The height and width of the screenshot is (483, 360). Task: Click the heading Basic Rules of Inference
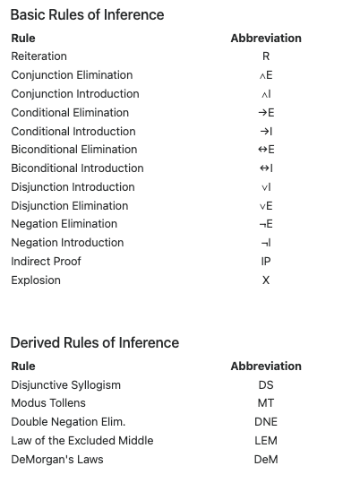pos(87,15)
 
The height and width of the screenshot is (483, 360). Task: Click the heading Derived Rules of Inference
pos(94,343)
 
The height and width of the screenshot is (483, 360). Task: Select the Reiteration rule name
pos(39,56)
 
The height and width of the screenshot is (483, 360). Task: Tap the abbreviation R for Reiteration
pos(266,56)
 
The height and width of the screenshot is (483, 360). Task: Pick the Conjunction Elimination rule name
pos(72,75)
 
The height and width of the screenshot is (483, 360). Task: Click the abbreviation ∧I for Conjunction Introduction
pos(266,94)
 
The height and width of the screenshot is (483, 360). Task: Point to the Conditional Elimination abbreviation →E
pos(266,113)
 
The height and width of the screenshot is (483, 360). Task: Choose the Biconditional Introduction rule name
pos(77,168)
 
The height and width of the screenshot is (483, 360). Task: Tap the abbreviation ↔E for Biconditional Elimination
pos(266,150)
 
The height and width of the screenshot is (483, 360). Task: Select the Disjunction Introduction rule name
pos(73,187)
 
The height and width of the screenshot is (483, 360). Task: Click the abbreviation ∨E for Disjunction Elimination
pos(266,206)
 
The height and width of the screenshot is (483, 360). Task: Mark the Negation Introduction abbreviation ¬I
pos(266,243)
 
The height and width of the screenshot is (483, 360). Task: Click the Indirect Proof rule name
pos(46,262)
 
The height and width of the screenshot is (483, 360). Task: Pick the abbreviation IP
pos(266,262)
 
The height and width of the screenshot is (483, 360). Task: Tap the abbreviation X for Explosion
pos(266,280)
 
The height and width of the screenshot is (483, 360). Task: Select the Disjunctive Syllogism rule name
pos(65,385)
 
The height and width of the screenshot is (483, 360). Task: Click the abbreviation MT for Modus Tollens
pos(266,403)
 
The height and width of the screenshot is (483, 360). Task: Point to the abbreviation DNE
pos(266,422)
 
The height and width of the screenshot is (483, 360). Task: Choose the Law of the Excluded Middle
pos(81,441)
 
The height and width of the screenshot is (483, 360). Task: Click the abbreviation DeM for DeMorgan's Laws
pos(266,460)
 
